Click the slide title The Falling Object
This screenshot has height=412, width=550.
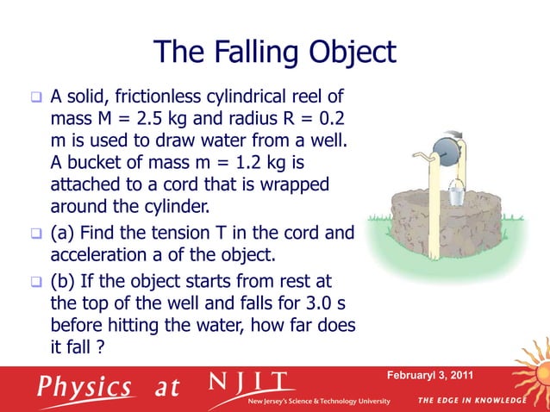(275, 53)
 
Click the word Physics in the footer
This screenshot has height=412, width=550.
(84, 386)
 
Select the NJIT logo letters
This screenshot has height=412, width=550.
(252, 383)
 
